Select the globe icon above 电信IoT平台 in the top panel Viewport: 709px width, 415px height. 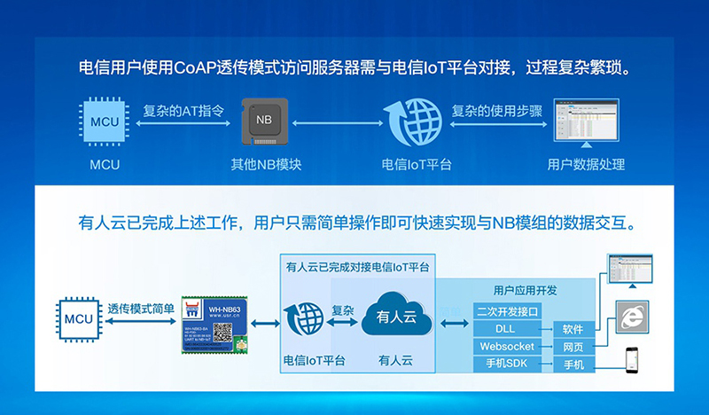coord(412,123)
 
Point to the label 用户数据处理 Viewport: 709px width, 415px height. coord(586,165)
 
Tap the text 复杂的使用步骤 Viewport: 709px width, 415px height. coord(496,112)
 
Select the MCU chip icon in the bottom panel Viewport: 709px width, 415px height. coord(78,317)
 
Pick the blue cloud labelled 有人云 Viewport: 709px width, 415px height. coord(394,315)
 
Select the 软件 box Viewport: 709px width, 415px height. coord(573,329)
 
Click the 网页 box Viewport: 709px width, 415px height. coord(573,347)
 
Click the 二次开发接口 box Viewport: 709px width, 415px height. coord(508,311)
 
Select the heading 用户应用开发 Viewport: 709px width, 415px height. coord(525,290)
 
